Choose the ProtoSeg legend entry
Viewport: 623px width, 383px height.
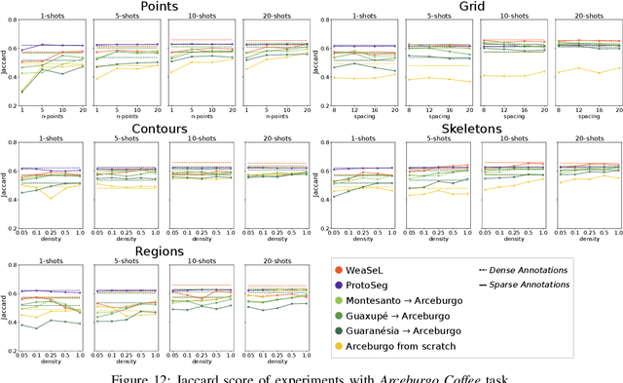click(x=379, y=285)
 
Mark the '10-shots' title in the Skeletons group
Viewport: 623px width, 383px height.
click(x=512, y=139)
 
